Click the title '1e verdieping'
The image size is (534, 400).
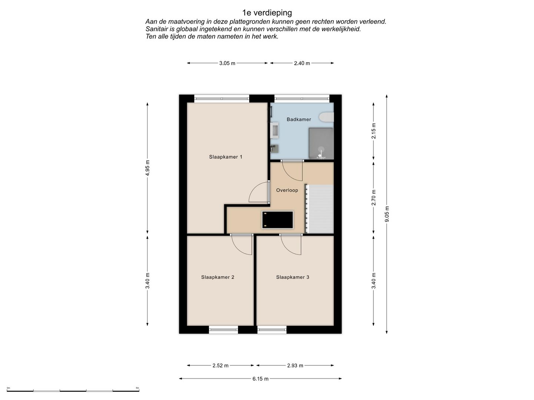pos(267,13)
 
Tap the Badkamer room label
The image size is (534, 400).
pos(299,119)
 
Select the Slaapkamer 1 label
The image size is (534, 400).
pos(225,157)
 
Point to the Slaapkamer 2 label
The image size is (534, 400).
pos(217,277)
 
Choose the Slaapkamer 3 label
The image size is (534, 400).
pos(293,277)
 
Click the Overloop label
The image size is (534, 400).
pos(287,190)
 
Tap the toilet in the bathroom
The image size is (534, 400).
pos(326,117)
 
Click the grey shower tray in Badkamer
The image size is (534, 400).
pos(321,144)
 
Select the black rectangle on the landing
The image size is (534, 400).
pos(277,220)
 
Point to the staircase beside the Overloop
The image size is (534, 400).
pos(319,209)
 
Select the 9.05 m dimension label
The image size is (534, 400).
pos(387,214)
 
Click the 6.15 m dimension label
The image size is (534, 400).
pos(260,379)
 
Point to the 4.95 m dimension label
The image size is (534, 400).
pos(148,168)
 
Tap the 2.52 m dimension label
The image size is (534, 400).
pos(220,366)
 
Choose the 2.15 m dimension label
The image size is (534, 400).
pos(374,131)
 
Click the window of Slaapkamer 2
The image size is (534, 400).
pos(223,330)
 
